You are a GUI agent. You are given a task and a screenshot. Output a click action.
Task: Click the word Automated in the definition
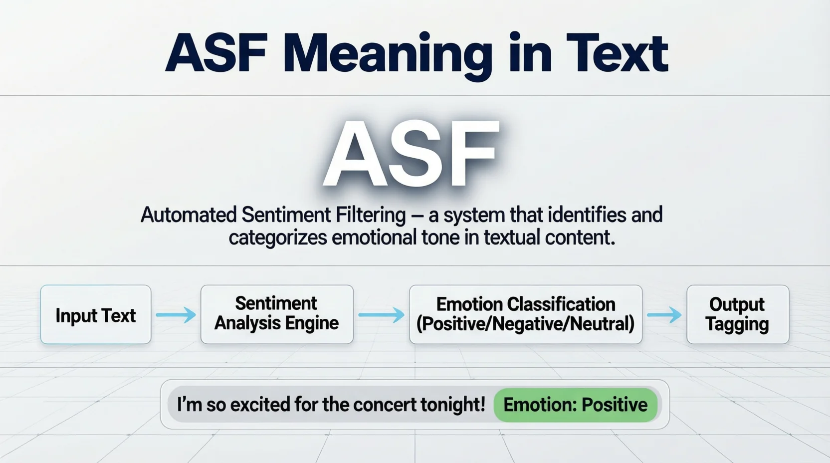coord(189,215)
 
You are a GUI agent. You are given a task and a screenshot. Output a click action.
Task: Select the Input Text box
coord(96,315)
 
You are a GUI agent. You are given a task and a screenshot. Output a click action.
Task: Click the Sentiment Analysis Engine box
coord(277,314)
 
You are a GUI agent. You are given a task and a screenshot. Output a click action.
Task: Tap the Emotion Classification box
coord(525,314)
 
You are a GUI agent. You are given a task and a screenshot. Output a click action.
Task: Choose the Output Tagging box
coord(737,314)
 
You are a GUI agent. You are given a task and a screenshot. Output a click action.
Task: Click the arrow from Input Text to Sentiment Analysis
coord(176,315)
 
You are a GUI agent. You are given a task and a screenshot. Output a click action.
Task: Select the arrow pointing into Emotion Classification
coord(381,315)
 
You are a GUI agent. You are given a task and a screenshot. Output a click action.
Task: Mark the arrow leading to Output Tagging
coord(664,315)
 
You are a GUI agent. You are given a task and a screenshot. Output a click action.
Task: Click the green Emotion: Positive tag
coord(575,405)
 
